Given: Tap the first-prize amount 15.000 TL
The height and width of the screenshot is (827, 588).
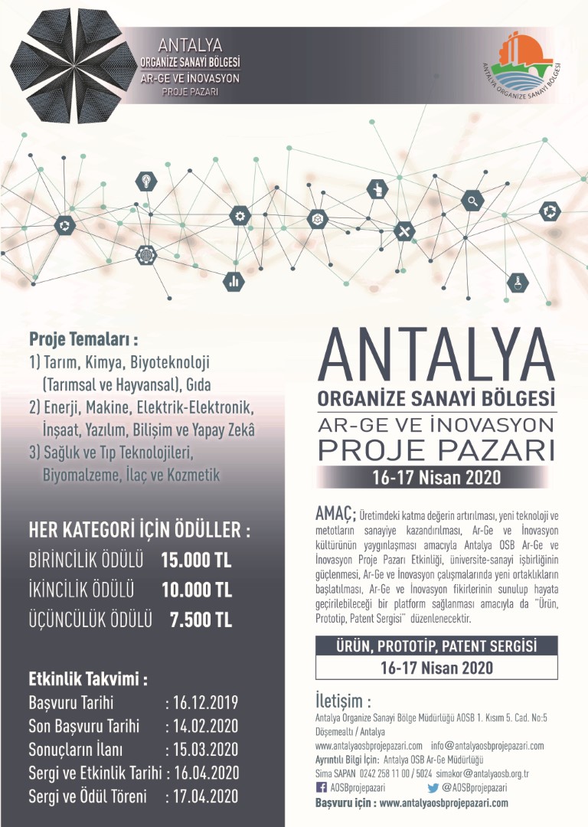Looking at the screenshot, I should [x=196, y=560].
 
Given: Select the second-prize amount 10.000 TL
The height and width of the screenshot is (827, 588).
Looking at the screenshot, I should [x=196, y=590].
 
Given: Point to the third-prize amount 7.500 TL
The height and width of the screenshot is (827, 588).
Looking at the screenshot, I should [x=201, y=619].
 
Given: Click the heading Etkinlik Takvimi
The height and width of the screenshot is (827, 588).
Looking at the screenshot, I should [x=87, y=678].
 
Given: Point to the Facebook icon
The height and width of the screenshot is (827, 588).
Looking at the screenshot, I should [x=321, y=786].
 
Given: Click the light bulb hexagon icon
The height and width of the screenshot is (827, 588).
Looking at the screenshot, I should [x=145, y=181].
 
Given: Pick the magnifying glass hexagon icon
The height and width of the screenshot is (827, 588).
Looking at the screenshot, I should [x=474, y=201].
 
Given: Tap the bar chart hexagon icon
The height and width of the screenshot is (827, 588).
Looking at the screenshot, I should [x=234, y=281].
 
